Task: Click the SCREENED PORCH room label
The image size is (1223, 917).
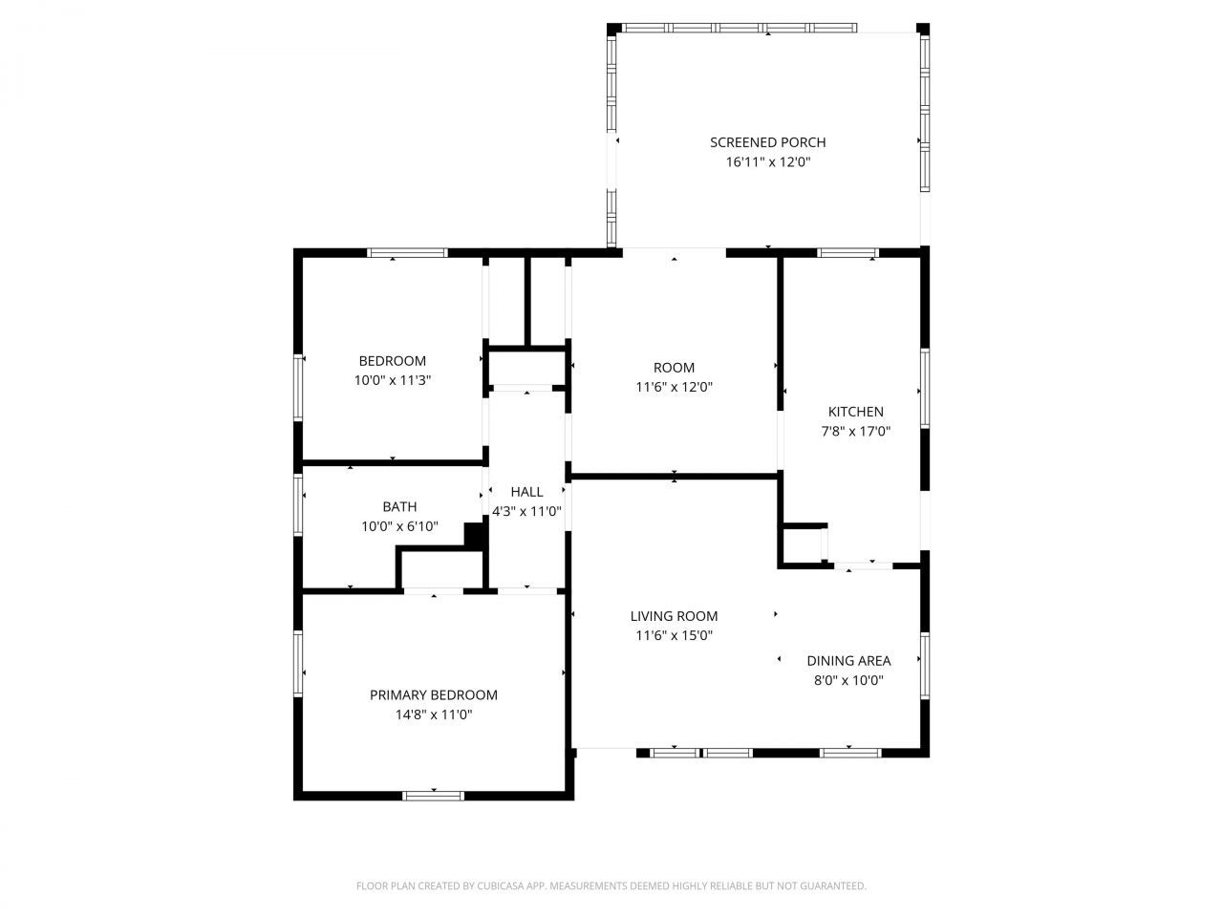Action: click(767, 142)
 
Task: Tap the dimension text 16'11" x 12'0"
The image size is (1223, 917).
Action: click(767, 162)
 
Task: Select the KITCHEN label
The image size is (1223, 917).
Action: click(855, 412)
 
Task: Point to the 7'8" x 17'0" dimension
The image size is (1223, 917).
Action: click(855, 431)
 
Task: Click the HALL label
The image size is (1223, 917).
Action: click(526, 492)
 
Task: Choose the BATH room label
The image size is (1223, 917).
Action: click(399, 506)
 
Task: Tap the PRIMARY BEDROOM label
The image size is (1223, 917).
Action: click(434, 694)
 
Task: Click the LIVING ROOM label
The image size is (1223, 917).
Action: click(674, 616)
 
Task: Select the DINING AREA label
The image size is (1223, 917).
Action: click(848, 661)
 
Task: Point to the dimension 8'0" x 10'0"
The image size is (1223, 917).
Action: click(848, 680)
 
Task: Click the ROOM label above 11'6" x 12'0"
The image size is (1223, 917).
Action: click(674, 368)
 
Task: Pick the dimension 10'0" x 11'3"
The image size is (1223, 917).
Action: click(393, 380)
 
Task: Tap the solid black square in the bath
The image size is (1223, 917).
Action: click(474, 536)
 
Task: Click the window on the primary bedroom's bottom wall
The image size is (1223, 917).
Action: click(433, 796)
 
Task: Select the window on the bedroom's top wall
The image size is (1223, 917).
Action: click(407, 253)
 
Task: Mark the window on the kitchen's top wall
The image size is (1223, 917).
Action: click(848, 253)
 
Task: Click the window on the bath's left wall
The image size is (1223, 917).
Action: click(298, 504)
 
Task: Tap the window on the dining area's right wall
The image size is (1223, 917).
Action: click(924, 666)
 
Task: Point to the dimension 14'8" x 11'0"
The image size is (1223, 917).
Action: click(434, 714)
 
